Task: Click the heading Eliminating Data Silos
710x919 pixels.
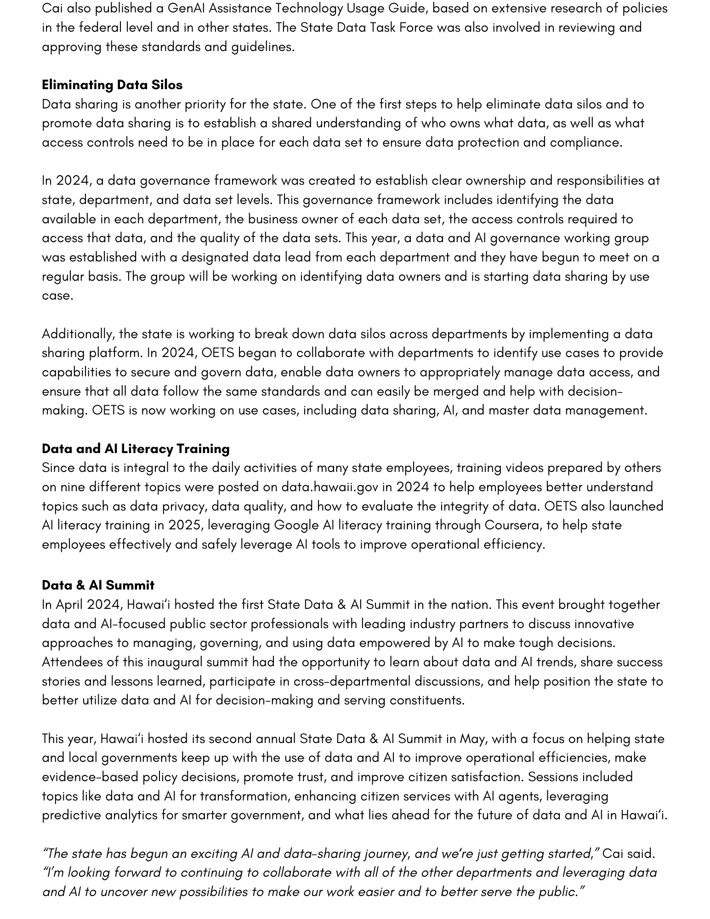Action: point(112,85)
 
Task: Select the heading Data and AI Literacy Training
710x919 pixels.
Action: point(136,448)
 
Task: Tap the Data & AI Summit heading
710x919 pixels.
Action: point(98,585)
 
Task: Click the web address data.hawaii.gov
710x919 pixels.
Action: point(329,487)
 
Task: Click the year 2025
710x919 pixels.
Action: point(184,525)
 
